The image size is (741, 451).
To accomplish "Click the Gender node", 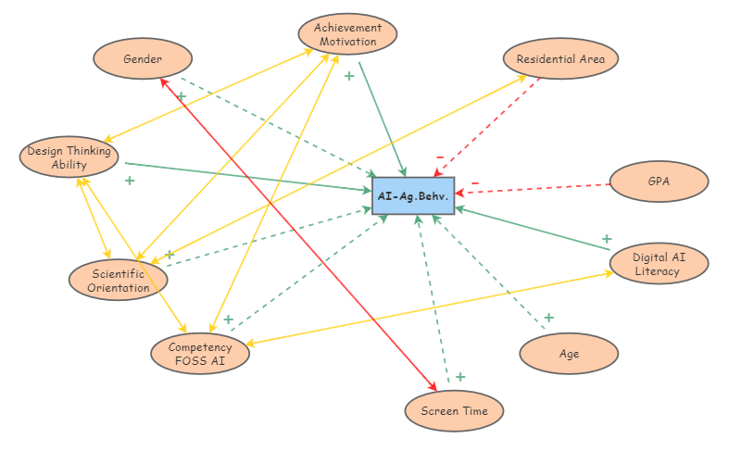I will click(x=143, y=59).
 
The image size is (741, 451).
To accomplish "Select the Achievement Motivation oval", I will click(x=347, y=34).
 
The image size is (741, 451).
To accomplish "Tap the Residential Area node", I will click(x=560, y=59).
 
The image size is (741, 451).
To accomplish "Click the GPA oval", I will click(x=659, y=182).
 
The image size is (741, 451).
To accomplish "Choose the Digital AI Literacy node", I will click(x=659, y=264).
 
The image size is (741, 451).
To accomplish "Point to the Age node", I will click(x=569, y=354).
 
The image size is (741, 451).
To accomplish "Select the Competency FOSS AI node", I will click(x=200, y=354).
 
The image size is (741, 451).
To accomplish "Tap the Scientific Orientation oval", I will click(x=119, y=280).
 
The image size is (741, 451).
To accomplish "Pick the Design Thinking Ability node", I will click(x=69, y=157).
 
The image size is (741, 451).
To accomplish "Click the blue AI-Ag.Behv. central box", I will click(x=413, y=195).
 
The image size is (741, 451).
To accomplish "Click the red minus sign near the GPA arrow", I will click(x=475, y=183).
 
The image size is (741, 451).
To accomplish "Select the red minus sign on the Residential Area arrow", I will click(x=440, y=157).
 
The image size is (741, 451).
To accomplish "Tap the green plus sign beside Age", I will click(x=548, y=318).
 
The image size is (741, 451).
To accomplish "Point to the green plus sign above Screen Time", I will click(x=460, y=377).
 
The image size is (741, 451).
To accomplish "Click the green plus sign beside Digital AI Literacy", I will click(x=607, y=239).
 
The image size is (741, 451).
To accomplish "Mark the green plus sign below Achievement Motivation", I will click(x=349, y=76).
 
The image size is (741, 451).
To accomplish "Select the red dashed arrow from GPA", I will click(x=537, y=189).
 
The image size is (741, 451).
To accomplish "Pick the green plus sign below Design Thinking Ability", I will click(x=130, y=181).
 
